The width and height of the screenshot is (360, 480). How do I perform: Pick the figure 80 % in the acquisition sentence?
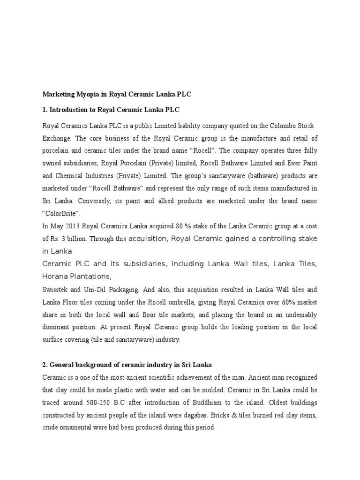(x=182, y=226)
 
